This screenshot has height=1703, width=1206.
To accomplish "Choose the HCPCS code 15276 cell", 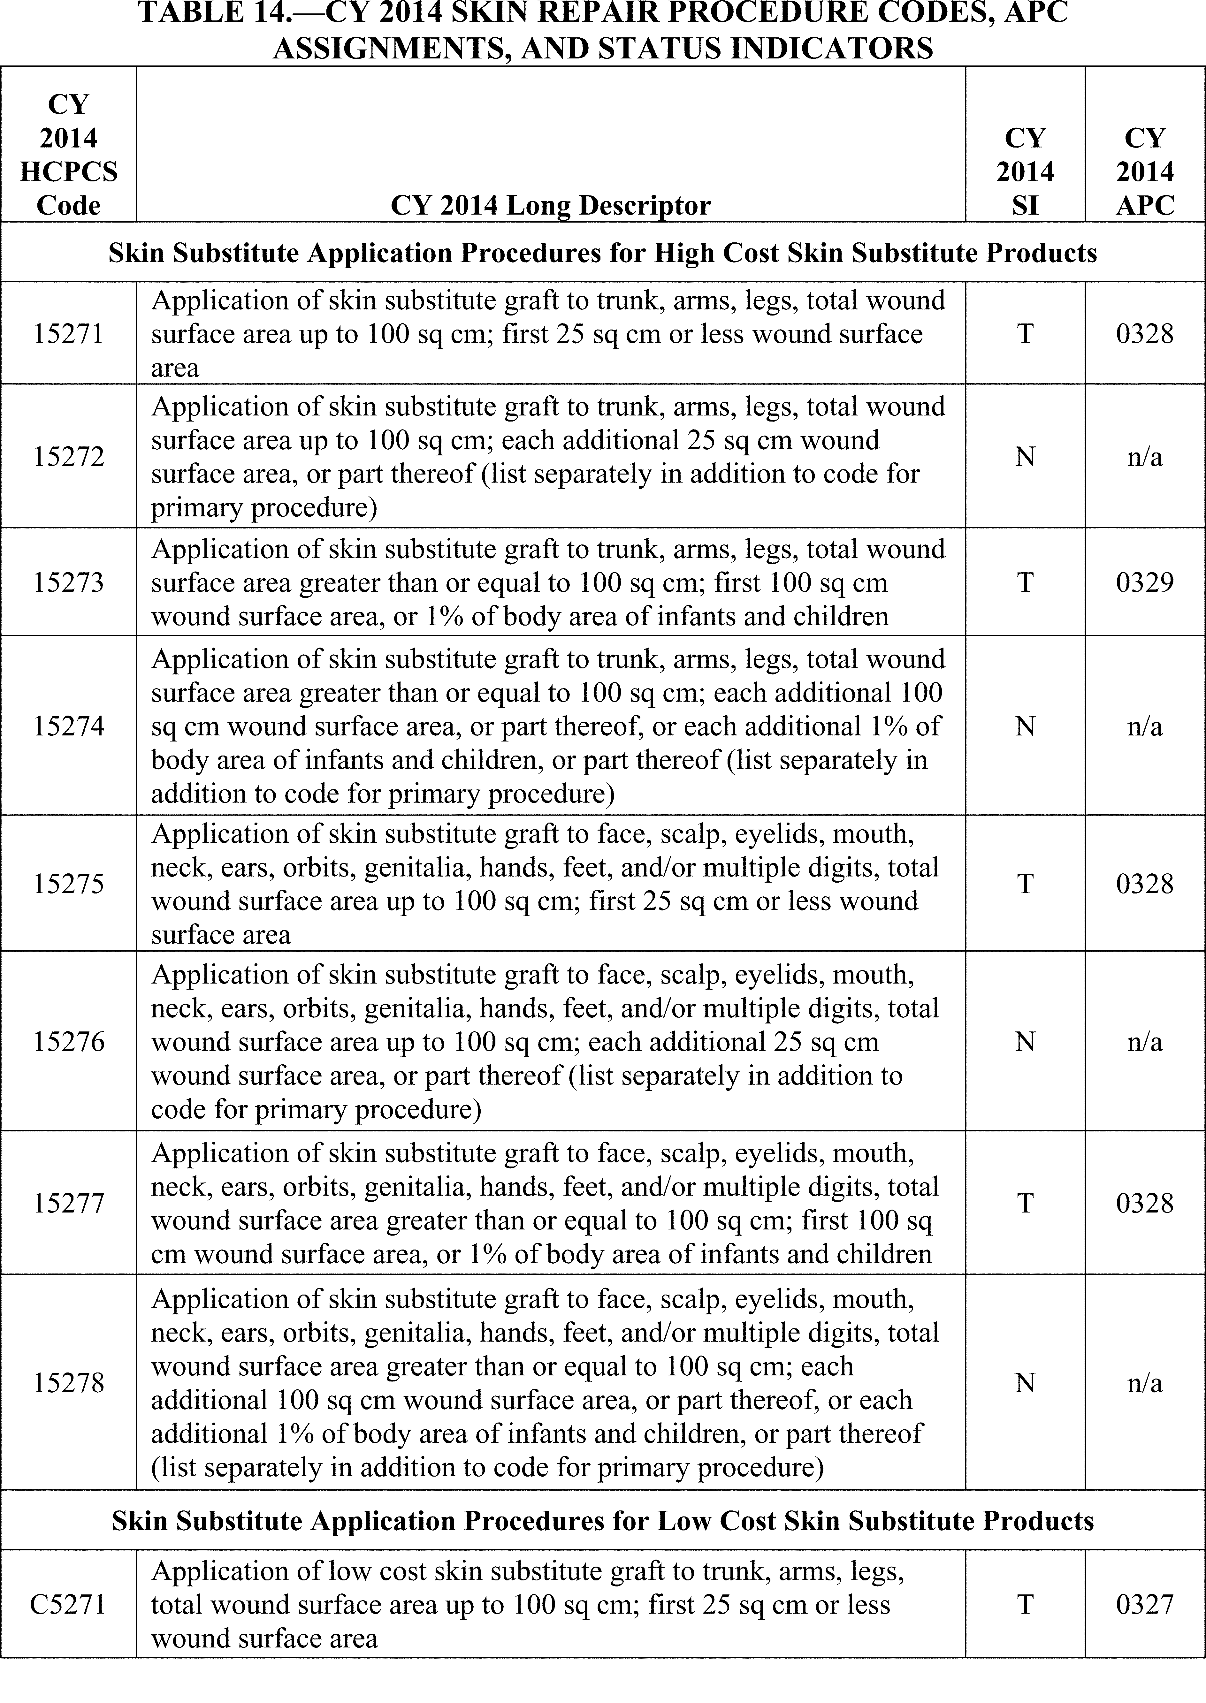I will tap(68, 1042).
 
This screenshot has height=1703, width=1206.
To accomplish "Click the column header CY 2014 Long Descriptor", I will tap(550, 205).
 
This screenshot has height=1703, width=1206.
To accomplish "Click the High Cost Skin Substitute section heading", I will tap(602, 253).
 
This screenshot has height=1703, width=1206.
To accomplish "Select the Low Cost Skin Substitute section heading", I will tap(602, 1521).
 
